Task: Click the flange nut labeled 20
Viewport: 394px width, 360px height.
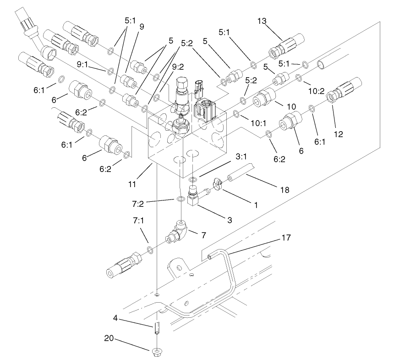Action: pos(158,352)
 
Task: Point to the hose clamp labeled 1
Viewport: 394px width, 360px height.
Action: pos(217,185)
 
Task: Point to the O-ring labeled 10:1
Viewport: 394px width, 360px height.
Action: pos(235,113)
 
